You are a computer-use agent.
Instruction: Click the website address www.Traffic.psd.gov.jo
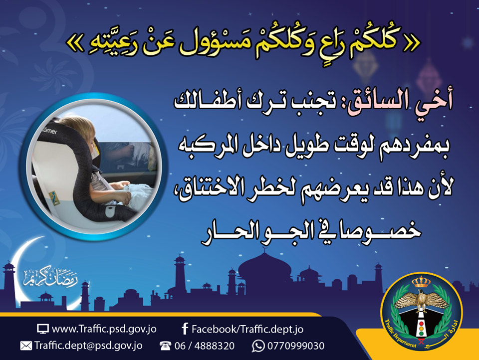pyautogui.click(x=104, y=329)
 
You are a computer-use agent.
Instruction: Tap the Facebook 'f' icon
pyautogui.click(x=185, y=329)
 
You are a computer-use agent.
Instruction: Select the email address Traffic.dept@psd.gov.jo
pyautogui.click(x=88, y=346)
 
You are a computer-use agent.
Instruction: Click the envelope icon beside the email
pyautogui.click(x=26, y=346)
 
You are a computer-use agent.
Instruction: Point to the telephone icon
pyautogui.click(x=165, y=346)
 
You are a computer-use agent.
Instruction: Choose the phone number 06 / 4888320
pyautogui.click(x=205, y=346)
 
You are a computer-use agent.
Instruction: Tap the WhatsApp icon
pyautogui.click(x=258, y=346)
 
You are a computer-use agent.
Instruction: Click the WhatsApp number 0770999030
pyautogui.click(x=296, y=346)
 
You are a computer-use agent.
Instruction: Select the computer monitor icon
pyautogui.click(x=43, y=329)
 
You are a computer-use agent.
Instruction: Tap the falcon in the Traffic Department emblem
pyautogui.click(x=421, y=301)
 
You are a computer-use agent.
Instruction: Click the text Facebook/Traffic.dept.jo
pyautogui.click(x=247, y=329)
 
